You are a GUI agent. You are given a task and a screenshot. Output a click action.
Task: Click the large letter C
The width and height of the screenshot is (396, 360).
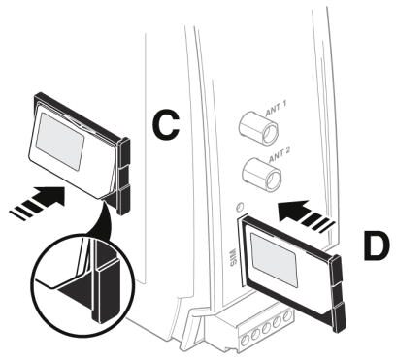tap(166, 125)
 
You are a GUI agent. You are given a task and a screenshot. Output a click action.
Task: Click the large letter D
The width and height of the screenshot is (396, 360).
tap(377, 245)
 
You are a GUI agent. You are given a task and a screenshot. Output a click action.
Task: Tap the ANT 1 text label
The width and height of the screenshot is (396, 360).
tap(276, 110)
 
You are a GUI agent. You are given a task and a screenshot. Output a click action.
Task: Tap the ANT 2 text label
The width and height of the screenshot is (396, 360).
tap(279, 156)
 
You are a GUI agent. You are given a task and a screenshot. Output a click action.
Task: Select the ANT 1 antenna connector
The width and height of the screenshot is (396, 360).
tap(258, 128)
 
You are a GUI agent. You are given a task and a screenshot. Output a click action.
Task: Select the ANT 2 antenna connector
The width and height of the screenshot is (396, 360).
tap(261, 174)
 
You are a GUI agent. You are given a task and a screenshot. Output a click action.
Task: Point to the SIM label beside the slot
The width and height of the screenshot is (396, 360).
tap(233, 256)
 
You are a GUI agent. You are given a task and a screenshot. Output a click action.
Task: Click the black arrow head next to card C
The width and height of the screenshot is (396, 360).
tap(51, 196)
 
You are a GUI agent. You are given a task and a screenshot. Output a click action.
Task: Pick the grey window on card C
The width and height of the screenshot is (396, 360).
tap(60, 142)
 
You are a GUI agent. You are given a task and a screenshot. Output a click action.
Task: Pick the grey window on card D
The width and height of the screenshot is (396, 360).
tap(274, 260)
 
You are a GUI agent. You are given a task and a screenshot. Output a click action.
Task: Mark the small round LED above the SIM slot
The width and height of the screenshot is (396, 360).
tap(240, 206)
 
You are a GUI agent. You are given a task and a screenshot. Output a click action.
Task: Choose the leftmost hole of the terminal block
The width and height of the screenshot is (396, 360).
tap(246, 339)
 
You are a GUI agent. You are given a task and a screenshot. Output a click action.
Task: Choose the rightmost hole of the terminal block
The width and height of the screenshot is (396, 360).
tap(286, 315)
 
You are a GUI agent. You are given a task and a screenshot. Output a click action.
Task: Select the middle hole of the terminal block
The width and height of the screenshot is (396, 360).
tap(267, 327)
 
